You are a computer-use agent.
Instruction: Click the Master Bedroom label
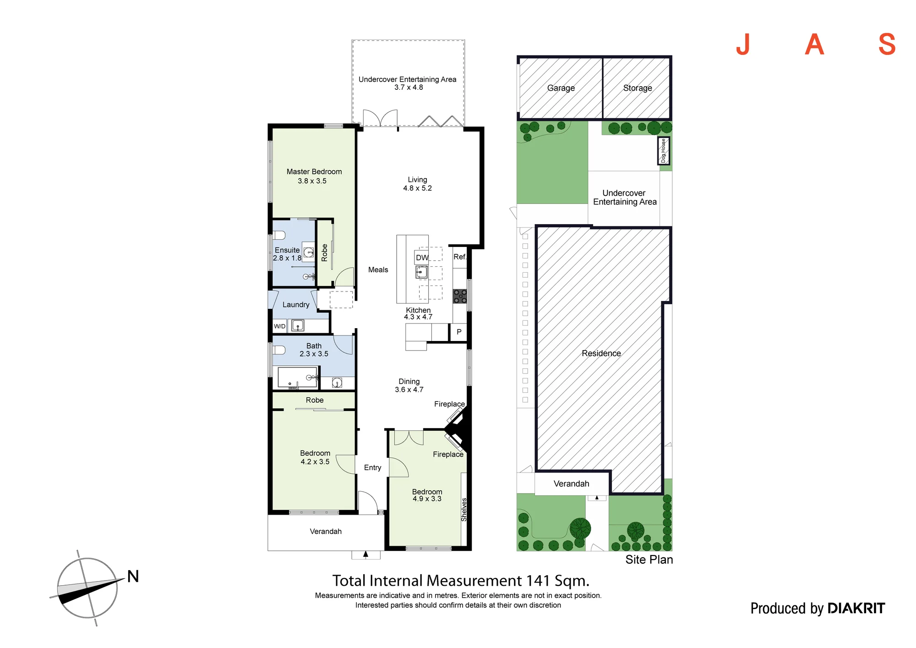[x=314, y=172]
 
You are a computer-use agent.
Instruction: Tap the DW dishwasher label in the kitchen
[x=422, y=258]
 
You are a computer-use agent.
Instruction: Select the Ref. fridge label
[x=460, y=257]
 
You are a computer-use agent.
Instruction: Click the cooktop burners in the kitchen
[x=460, y=296]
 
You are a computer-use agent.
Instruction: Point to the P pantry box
[x=458, y=332]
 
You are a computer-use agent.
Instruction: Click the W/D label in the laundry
[x=279, y=326]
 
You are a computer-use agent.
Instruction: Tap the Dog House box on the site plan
[x=664, y=151]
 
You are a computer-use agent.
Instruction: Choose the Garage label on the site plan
[x=561, y=88]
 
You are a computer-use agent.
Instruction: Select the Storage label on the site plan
[x=638, y=88]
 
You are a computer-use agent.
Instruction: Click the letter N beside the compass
[x=133, y=577]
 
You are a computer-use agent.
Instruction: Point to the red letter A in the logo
[x=814, y=44]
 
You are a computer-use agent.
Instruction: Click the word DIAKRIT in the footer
[x=856, y=609]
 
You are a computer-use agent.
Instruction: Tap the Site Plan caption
[x=649, y=560]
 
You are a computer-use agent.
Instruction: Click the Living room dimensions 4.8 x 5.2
[x=417, y=188]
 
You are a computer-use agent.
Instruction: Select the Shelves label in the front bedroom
[x=464, y=510]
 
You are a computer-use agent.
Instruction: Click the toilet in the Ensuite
[x=279, y=235]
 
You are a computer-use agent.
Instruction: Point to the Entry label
[x=372, y=468]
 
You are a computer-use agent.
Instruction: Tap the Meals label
[x=378, y=270]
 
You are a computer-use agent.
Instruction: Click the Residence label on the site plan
[x=601, y=353]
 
